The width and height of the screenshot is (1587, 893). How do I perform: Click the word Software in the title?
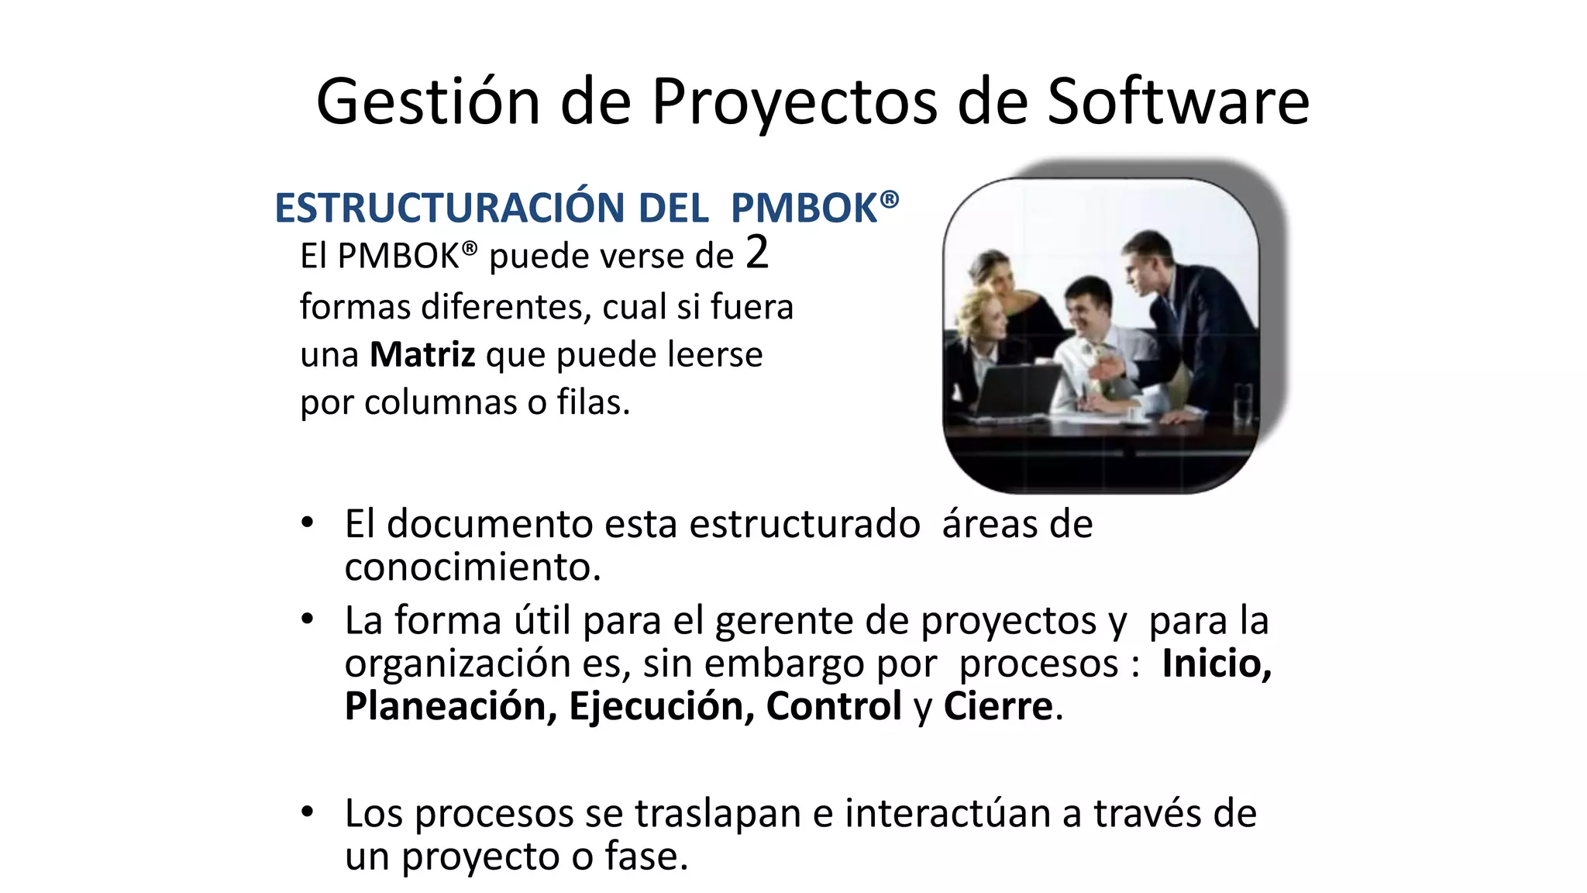[1178, 102]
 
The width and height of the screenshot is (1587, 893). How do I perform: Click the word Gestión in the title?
[428, 102]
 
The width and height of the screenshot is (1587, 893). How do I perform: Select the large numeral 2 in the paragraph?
[757, 253]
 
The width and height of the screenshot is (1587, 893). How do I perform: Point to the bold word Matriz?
[422, 354]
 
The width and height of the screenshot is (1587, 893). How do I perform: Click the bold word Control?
[833, 705]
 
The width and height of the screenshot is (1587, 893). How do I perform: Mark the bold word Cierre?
[997, 705]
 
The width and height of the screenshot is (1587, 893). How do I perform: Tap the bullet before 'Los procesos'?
[308, 812]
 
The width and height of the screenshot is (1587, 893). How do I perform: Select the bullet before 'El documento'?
[308, 522]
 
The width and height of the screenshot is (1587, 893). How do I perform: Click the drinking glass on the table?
[1241, 403]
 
